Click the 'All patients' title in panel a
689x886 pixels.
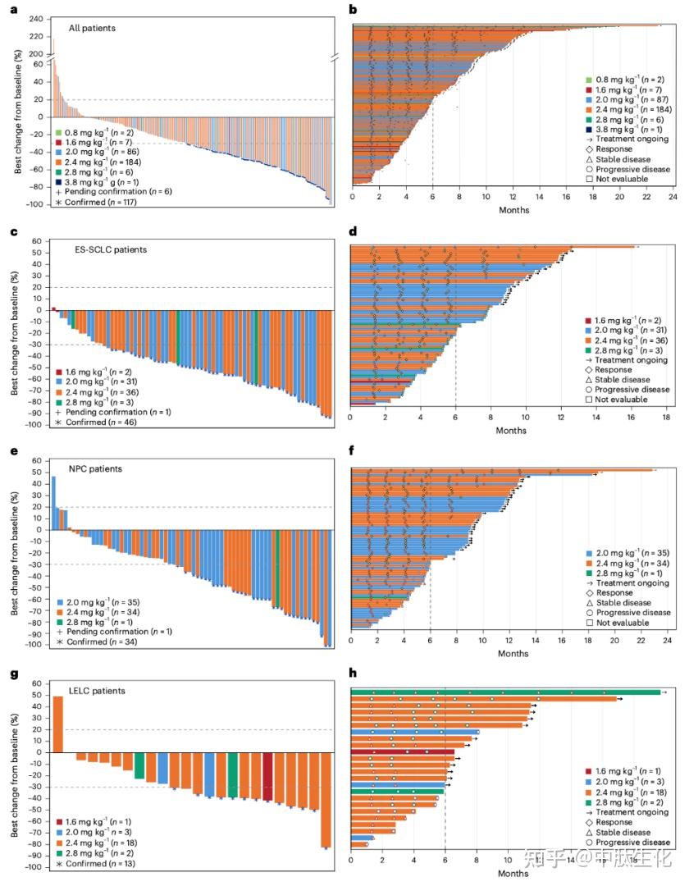[92, 28]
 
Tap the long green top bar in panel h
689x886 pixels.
[504, 692]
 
